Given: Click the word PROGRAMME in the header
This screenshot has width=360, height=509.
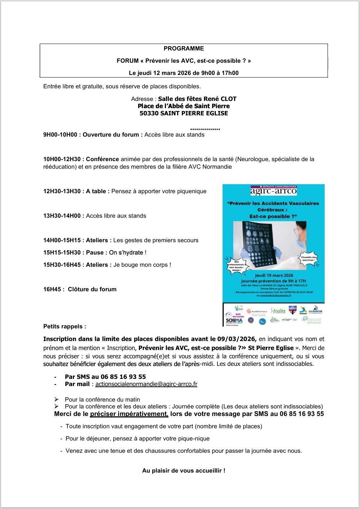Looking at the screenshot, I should coord(184,49).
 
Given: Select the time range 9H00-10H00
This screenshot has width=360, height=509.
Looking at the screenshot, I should coord(60,135).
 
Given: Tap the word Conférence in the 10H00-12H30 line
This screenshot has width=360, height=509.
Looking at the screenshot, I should coord(102,159).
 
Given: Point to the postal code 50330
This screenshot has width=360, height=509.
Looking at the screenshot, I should coord(149,113).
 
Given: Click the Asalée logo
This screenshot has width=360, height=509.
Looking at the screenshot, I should coord(278,311).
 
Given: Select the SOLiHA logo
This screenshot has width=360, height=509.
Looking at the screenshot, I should coord(234,320).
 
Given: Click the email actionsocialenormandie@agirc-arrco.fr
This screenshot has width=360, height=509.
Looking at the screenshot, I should coord(146,384).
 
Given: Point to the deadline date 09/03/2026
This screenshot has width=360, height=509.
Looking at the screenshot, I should coord(237,339).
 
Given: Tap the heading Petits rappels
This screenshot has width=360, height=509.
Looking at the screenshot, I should coord(65,327).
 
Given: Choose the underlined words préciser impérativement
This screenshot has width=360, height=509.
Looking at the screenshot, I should coord(129,414).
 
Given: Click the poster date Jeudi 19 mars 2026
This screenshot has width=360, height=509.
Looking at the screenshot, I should coord(274,275).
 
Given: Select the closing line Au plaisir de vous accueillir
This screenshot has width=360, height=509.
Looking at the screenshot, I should coord(184,471).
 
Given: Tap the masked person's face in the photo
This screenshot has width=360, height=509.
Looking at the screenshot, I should coord(302,234).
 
